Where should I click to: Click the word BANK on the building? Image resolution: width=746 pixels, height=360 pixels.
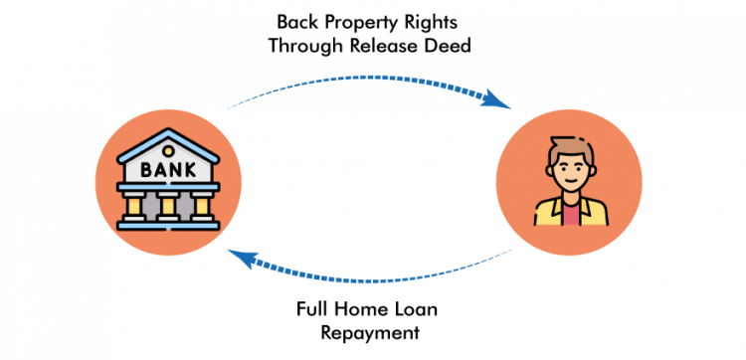166,170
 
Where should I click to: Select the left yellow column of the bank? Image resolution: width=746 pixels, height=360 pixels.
134,206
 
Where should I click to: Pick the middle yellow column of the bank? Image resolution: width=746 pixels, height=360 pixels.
167,206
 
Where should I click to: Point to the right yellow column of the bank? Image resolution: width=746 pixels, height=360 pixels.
200,206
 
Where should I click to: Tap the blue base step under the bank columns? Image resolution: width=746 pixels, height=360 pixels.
167,225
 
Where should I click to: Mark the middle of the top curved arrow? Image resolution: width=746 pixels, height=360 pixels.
370,77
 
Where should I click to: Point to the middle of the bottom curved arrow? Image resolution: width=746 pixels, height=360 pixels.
370,281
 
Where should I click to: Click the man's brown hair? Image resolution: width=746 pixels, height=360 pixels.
569,147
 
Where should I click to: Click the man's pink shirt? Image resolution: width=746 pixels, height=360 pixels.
569,214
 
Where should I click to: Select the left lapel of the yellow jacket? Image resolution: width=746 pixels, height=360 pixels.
553,210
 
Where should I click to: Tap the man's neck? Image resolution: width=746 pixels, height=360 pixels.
569,198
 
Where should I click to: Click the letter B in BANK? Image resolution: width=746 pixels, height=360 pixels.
145,170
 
